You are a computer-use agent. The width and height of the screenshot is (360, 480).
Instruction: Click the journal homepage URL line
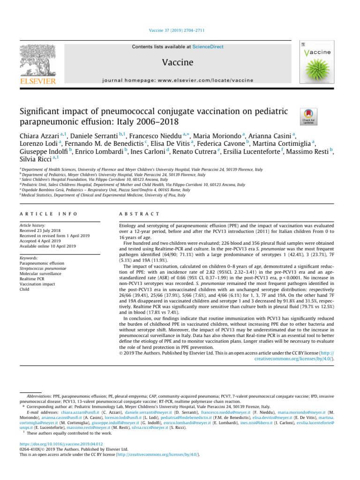pos(180,80)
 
